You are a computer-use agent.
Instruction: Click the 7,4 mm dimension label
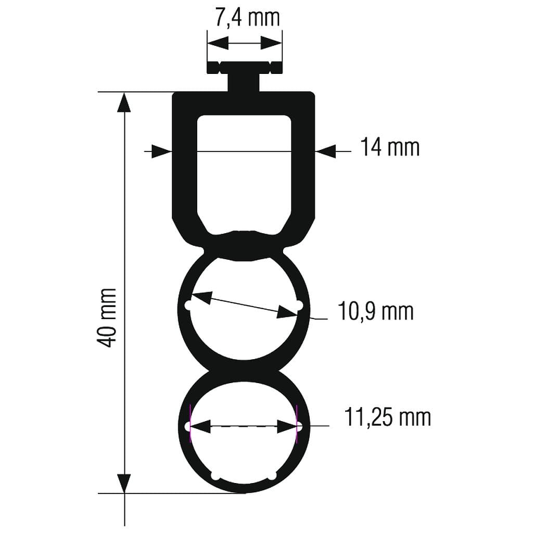(x=247, y=18)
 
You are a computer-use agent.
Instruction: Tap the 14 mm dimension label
(x=390, y=147)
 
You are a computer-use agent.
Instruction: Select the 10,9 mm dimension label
(x=376, y=312)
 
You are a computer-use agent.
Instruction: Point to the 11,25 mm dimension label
(x=387, y=417)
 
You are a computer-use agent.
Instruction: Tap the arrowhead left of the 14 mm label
(x=326, y=151)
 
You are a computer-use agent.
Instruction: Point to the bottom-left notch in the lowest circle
(x=215, y=475)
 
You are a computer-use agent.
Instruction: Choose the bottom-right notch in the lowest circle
(x=273, y=475)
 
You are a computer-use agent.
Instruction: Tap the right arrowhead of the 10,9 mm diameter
(x=286, y=312)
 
